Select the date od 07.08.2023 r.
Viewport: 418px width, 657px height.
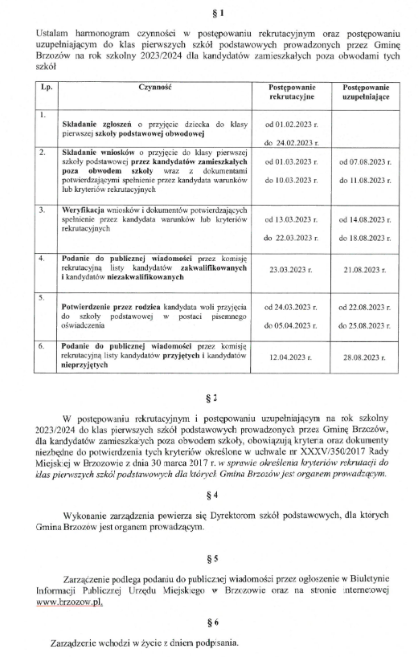click(366, 161)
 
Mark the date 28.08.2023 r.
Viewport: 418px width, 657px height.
click(366, 356)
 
